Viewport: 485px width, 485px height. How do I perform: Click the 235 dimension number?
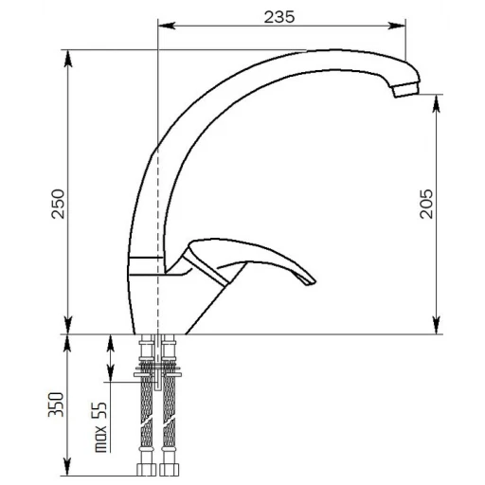[279, 17]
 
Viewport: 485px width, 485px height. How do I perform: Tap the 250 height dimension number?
[58, 204]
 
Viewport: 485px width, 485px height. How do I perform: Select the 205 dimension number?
[426, 204]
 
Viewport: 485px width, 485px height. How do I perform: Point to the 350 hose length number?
[56, 404]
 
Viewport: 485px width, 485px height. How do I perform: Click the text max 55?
[101, 427]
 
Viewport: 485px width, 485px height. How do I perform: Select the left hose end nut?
[147, 469]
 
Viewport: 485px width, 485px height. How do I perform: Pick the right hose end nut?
[169, 469]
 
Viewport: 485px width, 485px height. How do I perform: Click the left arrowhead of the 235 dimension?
[166, 26]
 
